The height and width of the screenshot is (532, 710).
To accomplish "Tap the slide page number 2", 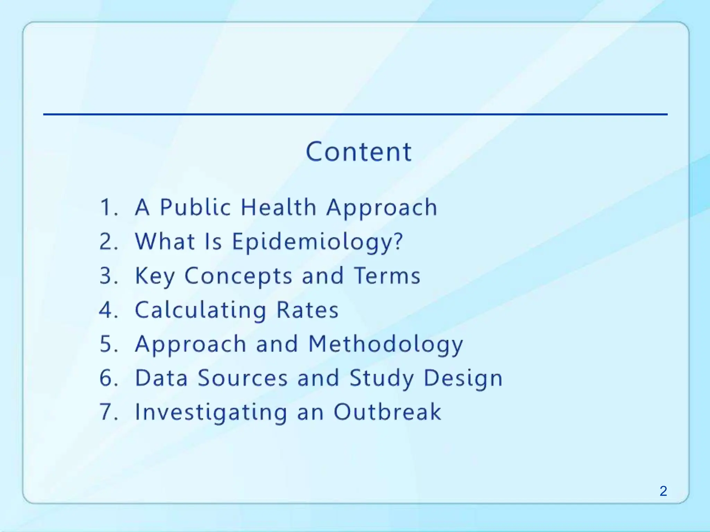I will tap(663, 491).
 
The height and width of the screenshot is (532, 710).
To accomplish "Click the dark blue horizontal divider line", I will tap(355, 114).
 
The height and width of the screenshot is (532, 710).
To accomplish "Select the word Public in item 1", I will tap(195, 207).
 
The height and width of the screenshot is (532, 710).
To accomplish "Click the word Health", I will tap(278, 207).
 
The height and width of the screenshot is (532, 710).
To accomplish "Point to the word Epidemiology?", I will tap(317, 242).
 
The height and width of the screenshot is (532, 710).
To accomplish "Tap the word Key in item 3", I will tap(155, 276).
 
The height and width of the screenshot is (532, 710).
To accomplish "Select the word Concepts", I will tap(238, 276).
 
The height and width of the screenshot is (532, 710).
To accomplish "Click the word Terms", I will tap(387, 276).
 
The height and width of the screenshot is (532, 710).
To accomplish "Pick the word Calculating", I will tap(200, 310).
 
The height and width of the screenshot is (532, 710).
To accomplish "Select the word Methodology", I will tap(386, 344).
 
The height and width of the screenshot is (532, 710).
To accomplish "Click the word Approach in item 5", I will tap(191, 344).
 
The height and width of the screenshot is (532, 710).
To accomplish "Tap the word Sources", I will tap(243, 378).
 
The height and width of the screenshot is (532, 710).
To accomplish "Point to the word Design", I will tap(463, 378).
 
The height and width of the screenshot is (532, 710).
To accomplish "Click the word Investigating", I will tap(211, 412).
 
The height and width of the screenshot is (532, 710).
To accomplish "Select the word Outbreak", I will tap(387, 412).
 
